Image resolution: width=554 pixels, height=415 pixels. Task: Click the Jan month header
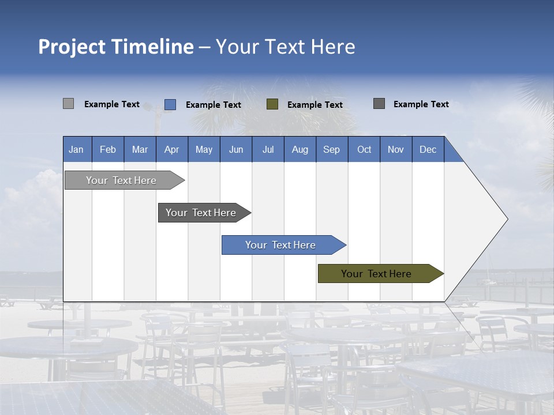coord(77,149)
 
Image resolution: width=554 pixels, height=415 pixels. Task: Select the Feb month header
coord(108,149)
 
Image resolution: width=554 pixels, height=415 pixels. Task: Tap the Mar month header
coord(140,149)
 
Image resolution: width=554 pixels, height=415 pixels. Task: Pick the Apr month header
coord(172,149)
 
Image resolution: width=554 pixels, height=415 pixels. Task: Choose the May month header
coord(204,149)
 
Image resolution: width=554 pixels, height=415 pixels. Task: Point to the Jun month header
coord(236,149)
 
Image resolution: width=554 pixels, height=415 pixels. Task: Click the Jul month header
coord(268,149)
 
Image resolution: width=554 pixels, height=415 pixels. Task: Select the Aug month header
coord(300,149)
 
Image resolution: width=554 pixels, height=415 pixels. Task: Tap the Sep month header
coord(332,149)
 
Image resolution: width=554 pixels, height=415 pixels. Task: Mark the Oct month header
coord(364,149)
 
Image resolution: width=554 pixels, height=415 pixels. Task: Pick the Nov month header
coord(396,149)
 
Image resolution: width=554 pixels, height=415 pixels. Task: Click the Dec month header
coord(428,149)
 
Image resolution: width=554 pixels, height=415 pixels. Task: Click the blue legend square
coord(170,104)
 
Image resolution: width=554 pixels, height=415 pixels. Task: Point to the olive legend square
coord(272,104)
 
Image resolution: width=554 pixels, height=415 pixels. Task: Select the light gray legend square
coord(68,104)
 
